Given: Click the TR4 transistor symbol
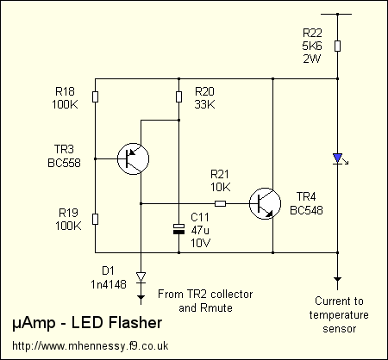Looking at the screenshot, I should pyautogui.click(x=264, y=203).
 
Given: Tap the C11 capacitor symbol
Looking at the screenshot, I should pyautogui.click(x=178, y=228).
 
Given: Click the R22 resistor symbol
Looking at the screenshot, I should pyautogui.click(x=338, y=47).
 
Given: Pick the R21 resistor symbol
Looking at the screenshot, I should pyautogui.click(x=220, y=203).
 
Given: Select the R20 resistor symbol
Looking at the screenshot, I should pyautogui.click(x=178, y=97).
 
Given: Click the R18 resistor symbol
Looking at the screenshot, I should pyautogui.click(x=95, y=97).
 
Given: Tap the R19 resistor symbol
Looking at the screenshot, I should pyautogui.click(x=95, y=220).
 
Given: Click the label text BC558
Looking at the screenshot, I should pyautogui.click(x=65, y=162).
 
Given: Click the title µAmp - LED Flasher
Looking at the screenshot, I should pyautogui.click(x=85, y=324).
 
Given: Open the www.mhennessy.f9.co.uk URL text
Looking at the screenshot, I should pyautogui.click(x=91, y=345).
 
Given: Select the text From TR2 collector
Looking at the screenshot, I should pyautogui.click(x=201, y=295).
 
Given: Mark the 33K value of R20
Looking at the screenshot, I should pyautogui.click(x=204, y=103).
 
